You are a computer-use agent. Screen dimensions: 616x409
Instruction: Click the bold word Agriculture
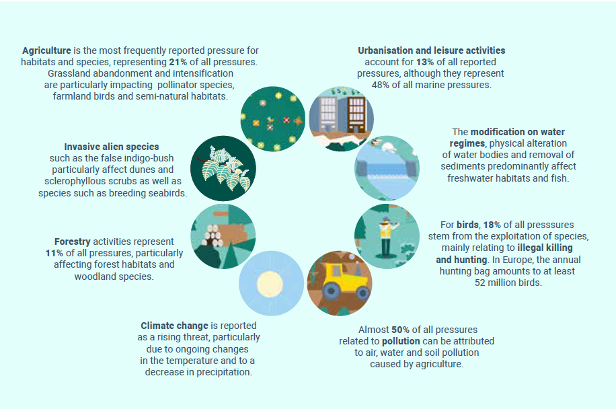47,50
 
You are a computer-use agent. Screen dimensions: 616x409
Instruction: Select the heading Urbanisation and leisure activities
431,50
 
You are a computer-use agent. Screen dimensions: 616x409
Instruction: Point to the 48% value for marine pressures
380,85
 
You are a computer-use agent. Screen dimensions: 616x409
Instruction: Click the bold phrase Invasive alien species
112,147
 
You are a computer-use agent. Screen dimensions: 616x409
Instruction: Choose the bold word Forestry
72,241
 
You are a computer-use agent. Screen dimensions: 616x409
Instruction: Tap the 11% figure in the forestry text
54,253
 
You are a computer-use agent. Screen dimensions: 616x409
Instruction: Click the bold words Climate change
174,326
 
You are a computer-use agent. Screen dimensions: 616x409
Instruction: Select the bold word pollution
401,341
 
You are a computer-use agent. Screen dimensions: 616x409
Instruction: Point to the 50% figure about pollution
400,330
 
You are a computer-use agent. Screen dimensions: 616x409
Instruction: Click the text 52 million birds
508,283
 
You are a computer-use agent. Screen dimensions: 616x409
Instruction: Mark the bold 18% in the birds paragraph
492,225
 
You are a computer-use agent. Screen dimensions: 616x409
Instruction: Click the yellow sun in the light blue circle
270,284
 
